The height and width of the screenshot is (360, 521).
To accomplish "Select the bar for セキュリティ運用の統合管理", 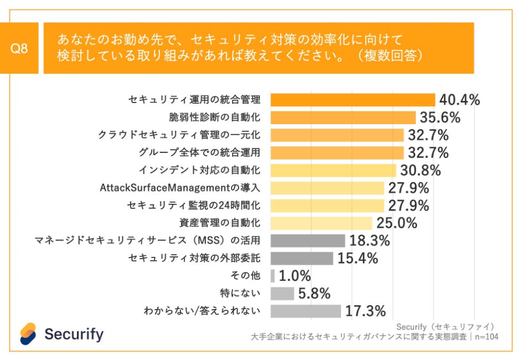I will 353,100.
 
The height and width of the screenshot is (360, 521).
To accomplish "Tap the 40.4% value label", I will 459,100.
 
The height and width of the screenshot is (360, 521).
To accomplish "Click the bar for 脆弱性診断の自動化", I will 343,117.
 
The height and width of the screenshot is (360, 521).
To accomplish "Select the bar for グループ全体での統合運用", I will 337,152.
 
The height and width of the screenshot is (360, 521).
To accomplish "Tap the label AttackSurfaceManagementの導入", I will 180,188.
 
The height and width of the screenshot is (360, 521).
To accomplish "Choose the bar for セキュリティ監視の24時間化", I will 327,205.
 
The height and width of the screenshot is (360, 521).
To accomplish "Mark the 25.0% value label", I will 397,223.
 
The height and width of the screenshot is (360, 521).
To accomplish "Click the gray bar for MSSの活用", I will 307,241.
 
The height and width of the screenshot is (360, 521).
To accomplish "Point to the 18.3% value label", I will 369,241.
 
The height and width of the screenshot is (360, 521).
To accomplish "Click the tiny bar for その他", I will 272,276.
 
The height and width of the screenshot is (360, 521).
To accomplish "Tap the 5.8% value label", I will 314,294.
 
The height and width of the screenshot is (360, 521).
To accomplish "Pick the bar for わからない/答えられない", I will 306,311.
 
